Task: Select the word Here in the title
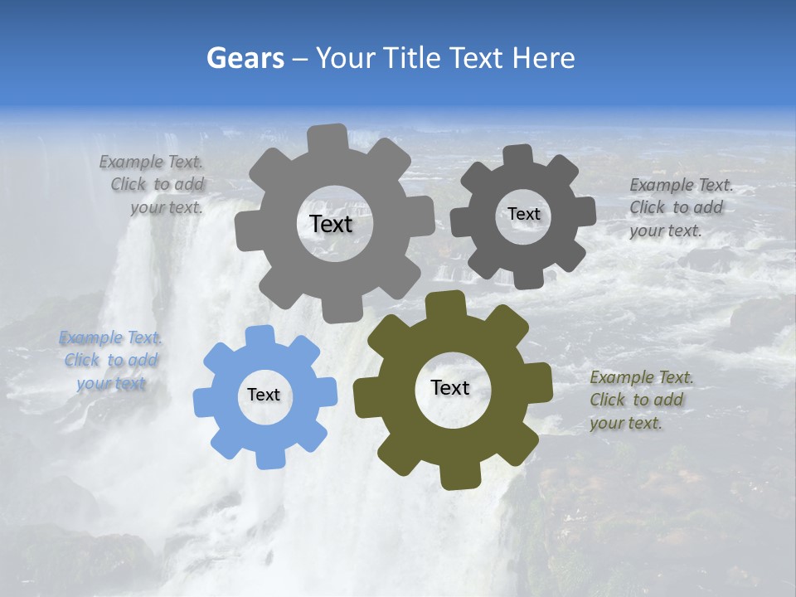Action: click(544, 58)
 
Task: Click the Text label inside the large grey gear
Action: click(331, 224)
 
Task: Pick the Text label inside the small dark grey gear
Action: click(523, 214)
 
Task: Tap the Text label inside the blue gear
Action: click(264, 396)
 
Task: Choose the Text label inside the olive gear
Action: click(450, 387)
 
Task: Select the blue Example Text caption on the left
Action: click(111, 361)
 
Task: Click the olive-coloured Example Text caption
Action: click(641, 400)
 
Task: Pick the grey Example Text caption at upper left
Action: click(154, 185)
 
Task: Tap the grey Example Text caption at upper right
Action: click(680, 207)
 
